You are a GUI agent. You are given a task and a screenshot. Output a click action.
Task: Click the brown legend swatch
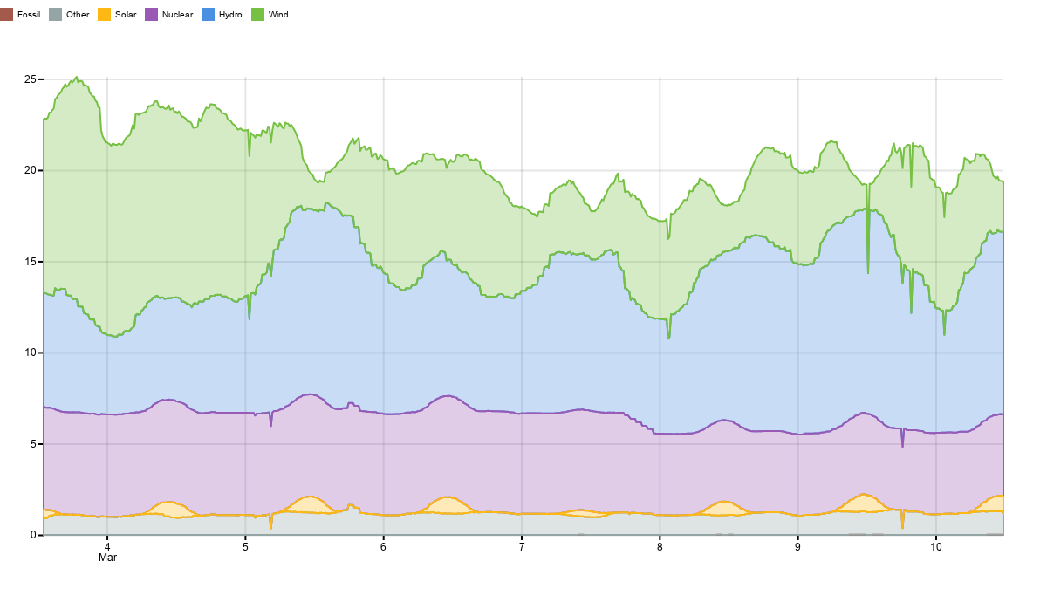(x=6, y=14)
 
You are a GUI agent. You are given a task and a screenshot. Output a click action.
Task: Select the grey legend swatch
(x=55, y=14)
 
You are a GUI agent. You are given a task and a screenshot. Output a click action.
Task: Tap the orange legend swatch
(x=104, y=14)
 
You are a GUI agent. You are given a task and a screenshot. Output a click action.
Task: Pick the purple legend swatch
(x=151, y=14)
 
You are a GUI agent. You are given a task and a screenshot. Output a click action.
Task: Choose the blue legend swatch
(x=208, y=14)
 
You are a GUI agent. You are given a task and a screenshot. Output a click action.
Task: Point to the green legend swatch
(x=257, y=14)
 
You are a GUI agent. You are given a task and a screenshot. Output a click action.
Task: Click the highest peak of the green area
(x=76, y=79)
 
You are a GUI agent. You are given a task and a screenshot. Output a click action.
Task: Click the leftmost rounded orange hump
(x=168, y=508)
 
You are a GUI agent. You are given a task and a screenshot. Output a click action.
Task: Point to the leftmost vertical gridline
(x=107, y=349)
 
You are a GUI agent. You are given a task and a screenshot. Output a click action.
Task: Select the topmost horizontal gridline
(x=523, y=170)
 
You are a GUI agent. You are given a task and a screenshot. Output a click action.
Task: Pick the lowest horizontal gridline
(x=523, y=444)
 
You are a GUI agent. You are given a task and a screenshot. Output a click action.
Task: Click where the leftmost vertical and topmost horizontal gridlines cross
(x=107, y=170)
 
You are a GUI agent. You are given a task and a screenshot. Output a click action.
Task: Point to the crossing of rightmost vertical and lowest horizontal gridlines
(x=936, y=444)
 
